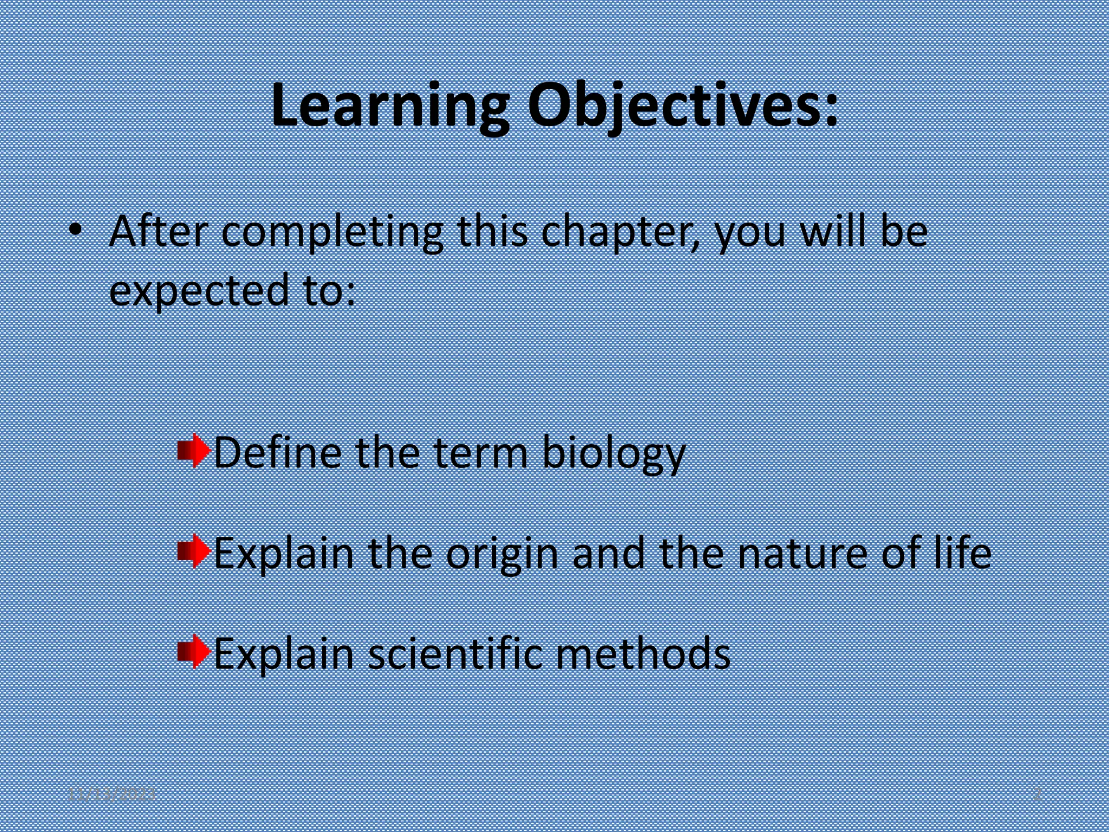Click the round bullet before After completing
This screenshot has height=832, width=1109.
[x=75, y=231]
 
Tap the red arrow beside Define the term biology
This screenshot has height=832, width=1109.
[x=194, y=451]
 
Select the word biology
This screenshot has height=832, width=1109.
[x=614, y=454]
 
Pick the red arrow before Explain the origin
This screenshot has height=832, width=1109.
[x=194, y=551]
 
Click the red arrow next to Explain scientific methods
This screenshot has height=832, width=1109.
[x=194, y=652]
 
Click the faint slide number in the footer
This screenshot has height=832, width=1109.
[x=1038, y=795]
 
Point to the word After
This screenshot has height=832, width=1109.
[x=158, y=232]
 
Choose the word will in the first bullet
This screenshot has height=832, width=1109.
[x=834, y=232]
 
